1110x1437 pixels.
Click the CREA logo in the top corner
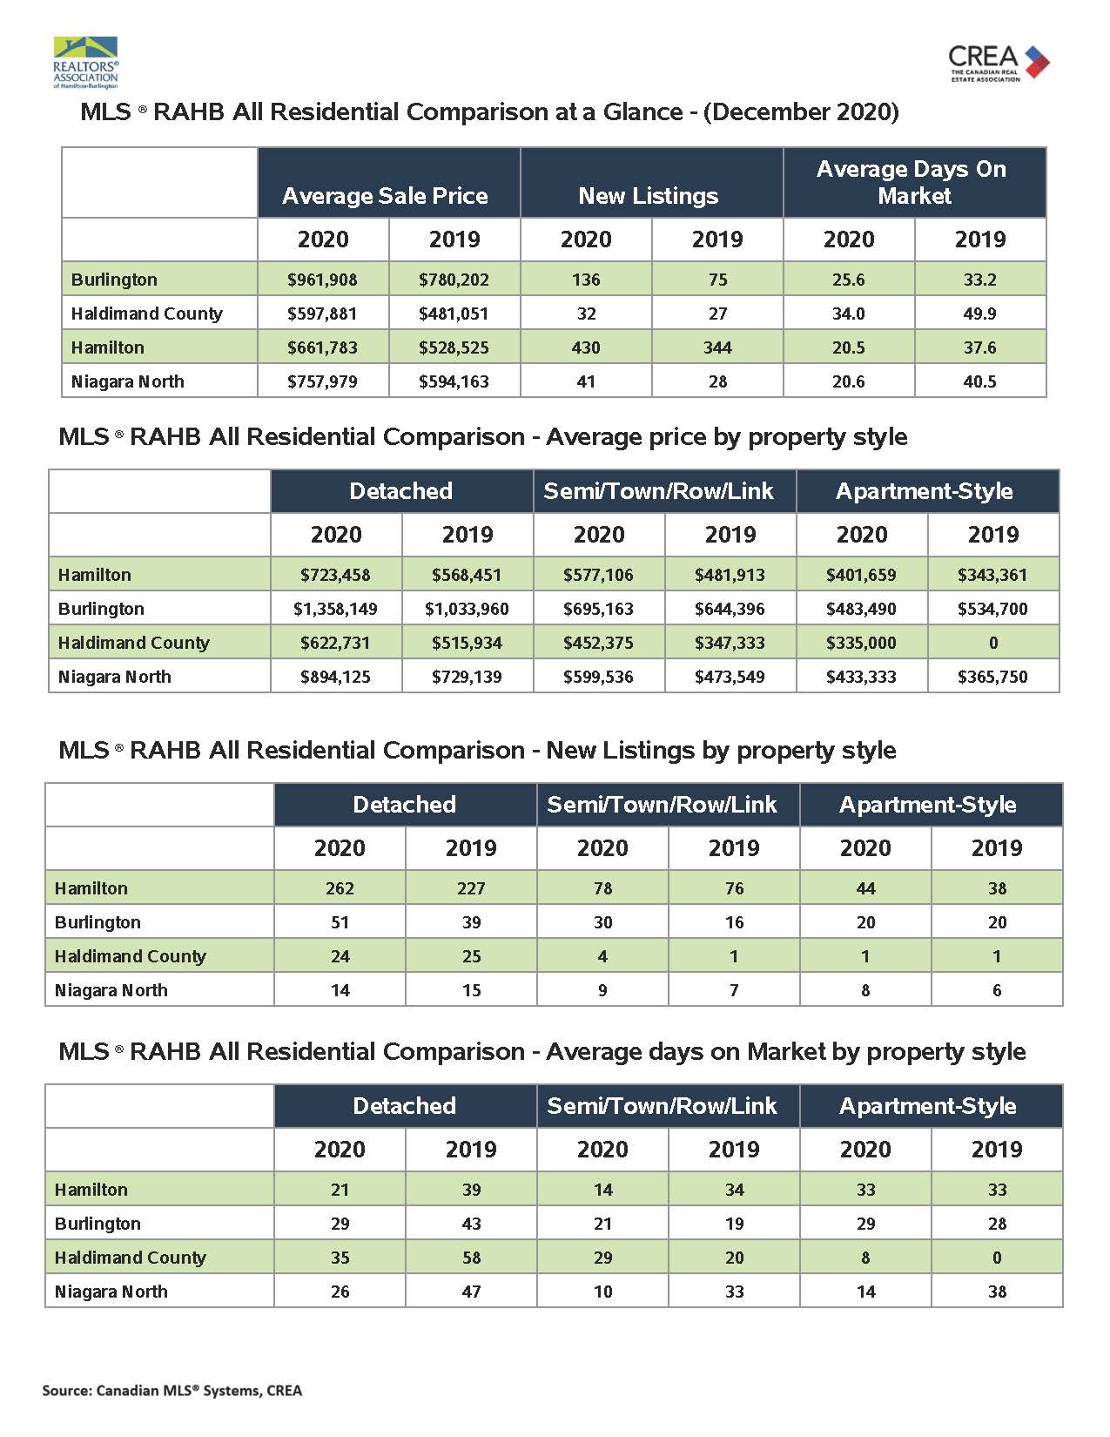[999, 63]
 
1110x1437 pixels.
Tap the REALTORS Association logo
[86, 63]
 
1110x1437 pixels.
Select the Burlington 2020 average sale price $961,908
[322, 280]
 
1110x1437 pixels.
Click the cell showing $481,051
[454, 314]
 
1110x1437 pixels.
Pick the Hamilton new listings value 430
[586, 347]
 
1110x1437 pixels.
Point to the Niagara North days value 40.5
[979, 381]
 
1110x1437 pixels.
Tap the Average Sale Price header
[385, 196]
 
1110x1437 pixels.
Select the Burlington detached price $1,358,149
[335, 609]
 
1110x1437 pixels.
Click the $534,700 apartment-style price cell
[992, 609]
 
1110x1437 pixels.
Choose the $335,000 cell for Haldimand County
[861, 643]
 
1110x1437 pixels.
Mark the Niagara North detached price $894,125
[335, 678]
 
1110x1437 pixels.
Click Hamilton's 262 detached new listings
[340, 888]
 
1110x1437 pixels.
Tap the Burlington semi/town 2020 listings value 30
[603, 922]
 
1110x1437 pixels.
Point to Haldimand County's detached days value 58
[471, 1258]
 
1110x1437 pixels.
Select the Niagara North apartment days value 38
[997, 1292]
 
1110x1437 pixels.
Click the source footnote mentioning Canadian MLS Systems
[172, 1391]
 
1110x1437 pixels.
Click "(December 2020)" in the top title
[801, 111]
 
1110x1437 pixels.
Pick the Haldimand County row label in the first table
[147, 314]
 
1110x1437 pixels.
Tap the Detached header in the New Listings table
[405, 805]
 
